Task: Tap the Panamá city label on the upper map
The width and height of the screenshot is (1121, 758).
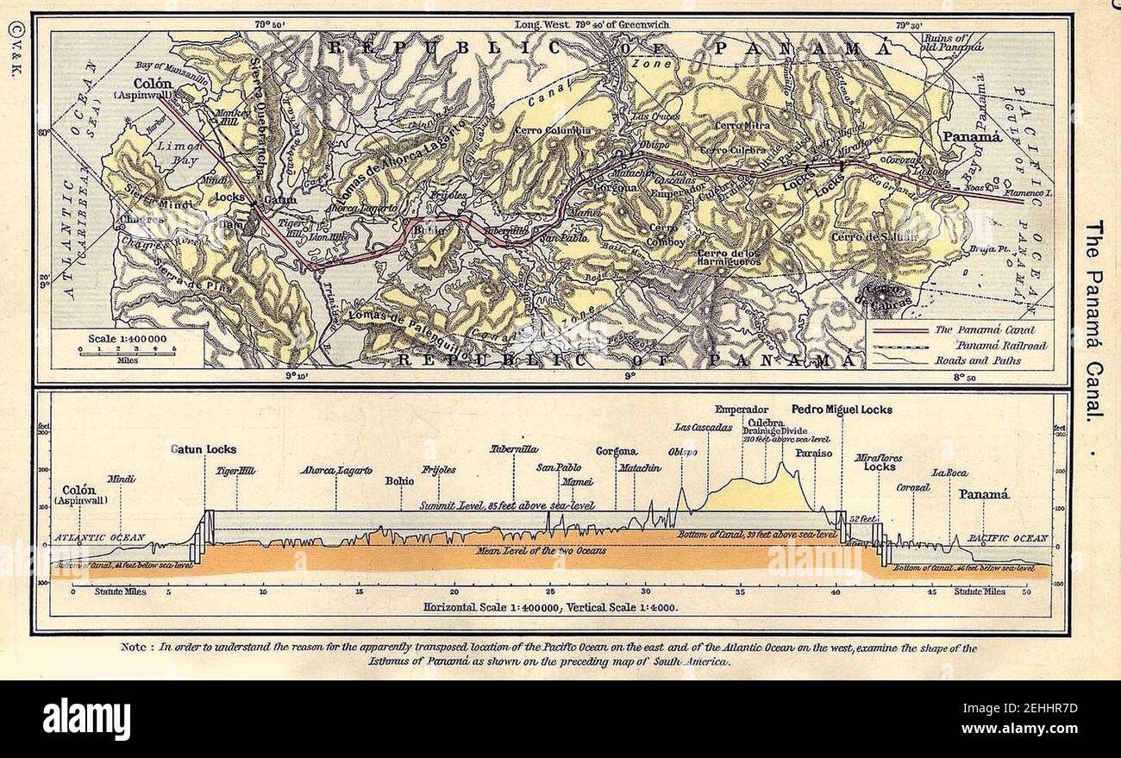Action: click(971, 137)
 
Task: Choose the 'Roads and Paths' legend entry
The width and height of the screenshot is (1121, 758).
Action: click(970, 360)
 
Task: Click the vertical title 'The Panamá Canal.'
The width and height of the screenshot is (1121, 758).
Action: click(1093, 319)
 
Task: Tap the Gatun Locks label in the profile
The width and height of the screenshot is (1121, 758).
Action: click(203, 449)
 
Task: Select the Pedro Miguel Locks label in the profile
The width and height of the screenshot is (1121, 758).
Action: click(841, 410)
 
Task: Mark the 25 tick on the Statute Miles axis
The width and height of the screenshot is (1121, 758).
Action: click(548, 592)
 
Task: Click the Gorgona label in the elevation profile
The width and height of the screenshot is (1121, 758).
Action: click(617, 451)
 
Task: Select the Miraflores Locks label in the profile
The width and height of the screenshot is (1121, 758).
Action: click(880, 461)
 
